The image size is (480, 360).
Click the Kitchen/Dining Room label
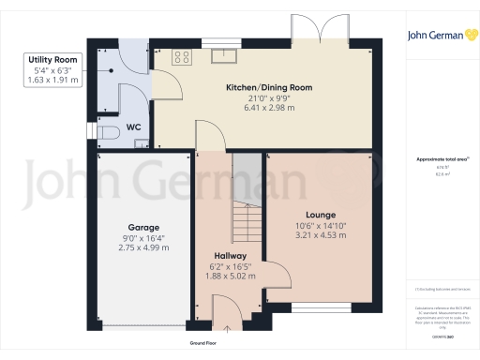click(269, 88)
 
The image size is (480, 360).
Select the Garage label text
click(143, 228)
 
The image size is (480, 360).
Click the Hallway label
click(230, 255)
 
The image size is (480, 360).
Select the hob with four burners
click(181, 56)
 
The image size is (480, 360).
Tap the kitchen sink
click(225, 55)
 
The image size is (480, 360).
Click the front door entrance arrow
click(227, 327)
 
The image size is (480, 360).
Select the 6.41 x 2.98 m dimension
click(269, 108)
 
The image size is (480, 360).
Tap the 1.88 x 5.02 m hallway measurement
click(230, 276)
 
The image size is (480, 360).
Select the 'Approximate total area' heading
click(440, 159)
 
